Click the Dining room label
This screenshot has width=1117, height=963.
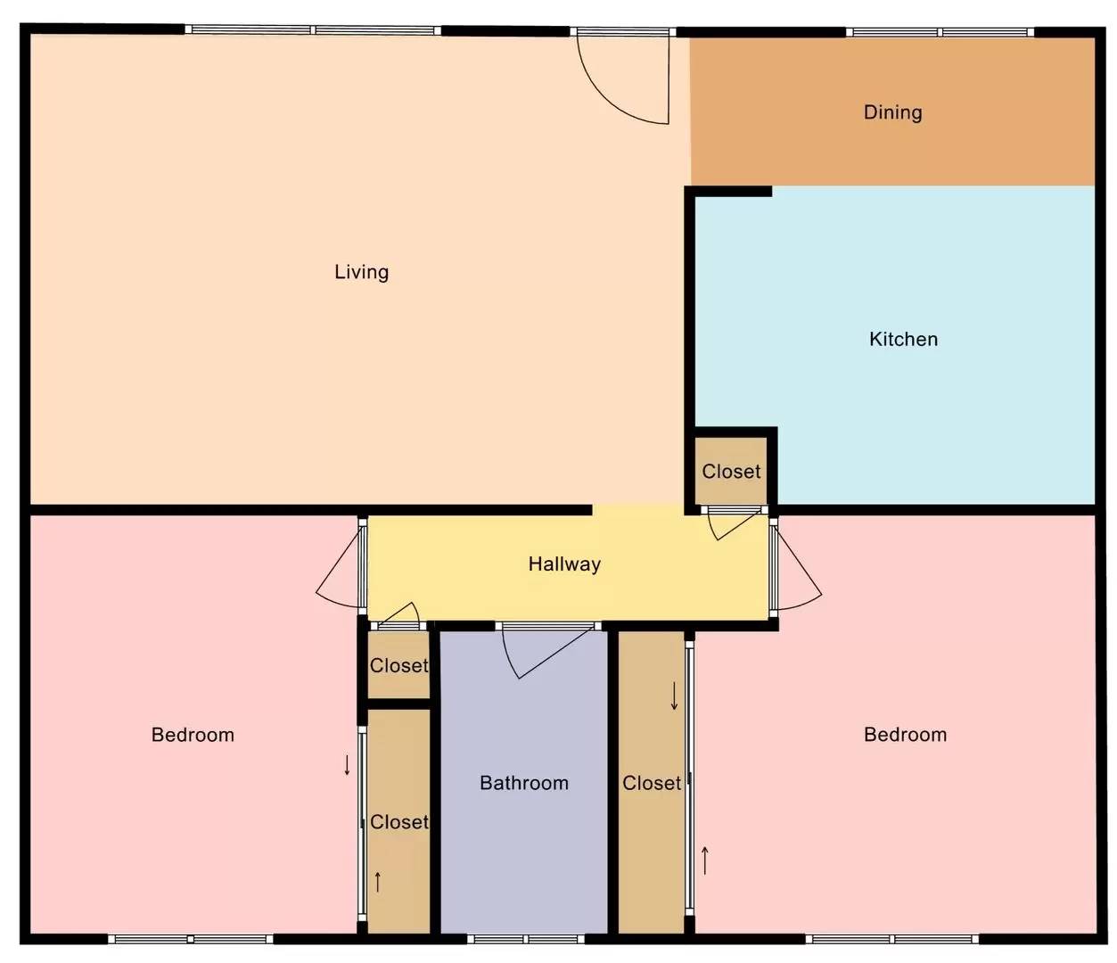tap(892, 112)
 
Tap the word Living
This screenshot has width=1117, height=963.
tap(362, 272)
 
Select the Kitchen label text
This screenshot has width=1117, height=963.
tap(904, 340)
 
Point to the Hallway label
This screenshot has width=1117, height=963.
tap(564, 564)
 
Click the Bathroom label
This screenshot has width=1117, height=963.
tap(524, 783)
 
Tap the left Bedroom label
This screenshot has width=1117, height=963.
tap(193, 735)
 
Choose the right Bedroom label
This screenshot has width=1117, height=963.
tap(905, 735)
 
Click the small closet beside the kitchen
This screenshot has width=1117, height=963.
tap(731, 471)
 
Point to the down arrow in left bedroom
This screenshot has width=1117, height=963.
tap(347, 766)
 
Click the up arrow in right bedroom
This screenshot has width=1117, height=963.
tap(704, 860)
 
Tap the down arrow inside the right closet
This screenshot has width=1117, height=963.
tap(674, 695)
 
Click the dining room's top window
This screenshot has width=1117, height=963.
tap(940, 32)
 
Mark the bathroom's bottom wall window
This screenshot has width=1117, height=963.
tap(526, 939)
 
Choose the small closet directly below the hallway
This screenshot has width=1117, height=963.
tap(398, 665)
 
